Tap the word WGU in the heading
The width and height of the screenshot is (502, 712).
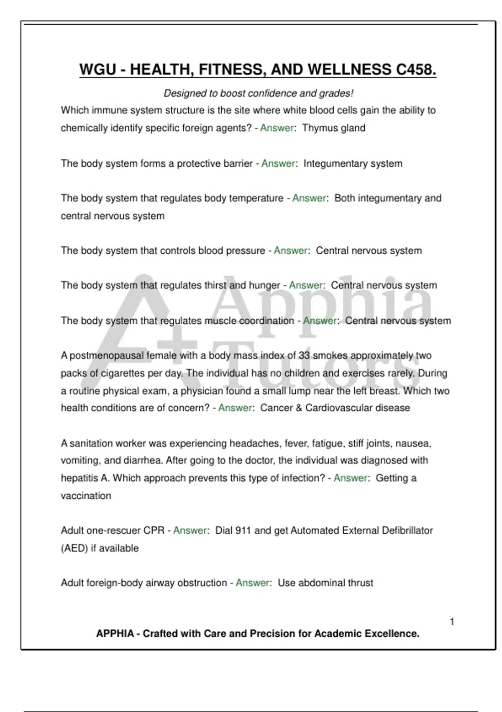pos(97,70)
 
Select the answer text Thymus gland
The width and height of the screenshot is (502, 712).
pos(333,128)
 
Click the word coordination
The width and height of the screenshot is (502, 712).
pos(266,321)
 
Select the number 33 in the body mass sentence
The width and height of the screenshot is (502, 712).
pos(304,356)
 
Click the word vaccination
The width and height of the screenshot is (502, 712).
pos(86,496)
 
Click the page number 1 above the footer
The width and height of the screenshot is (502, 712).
pos(452,622)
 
